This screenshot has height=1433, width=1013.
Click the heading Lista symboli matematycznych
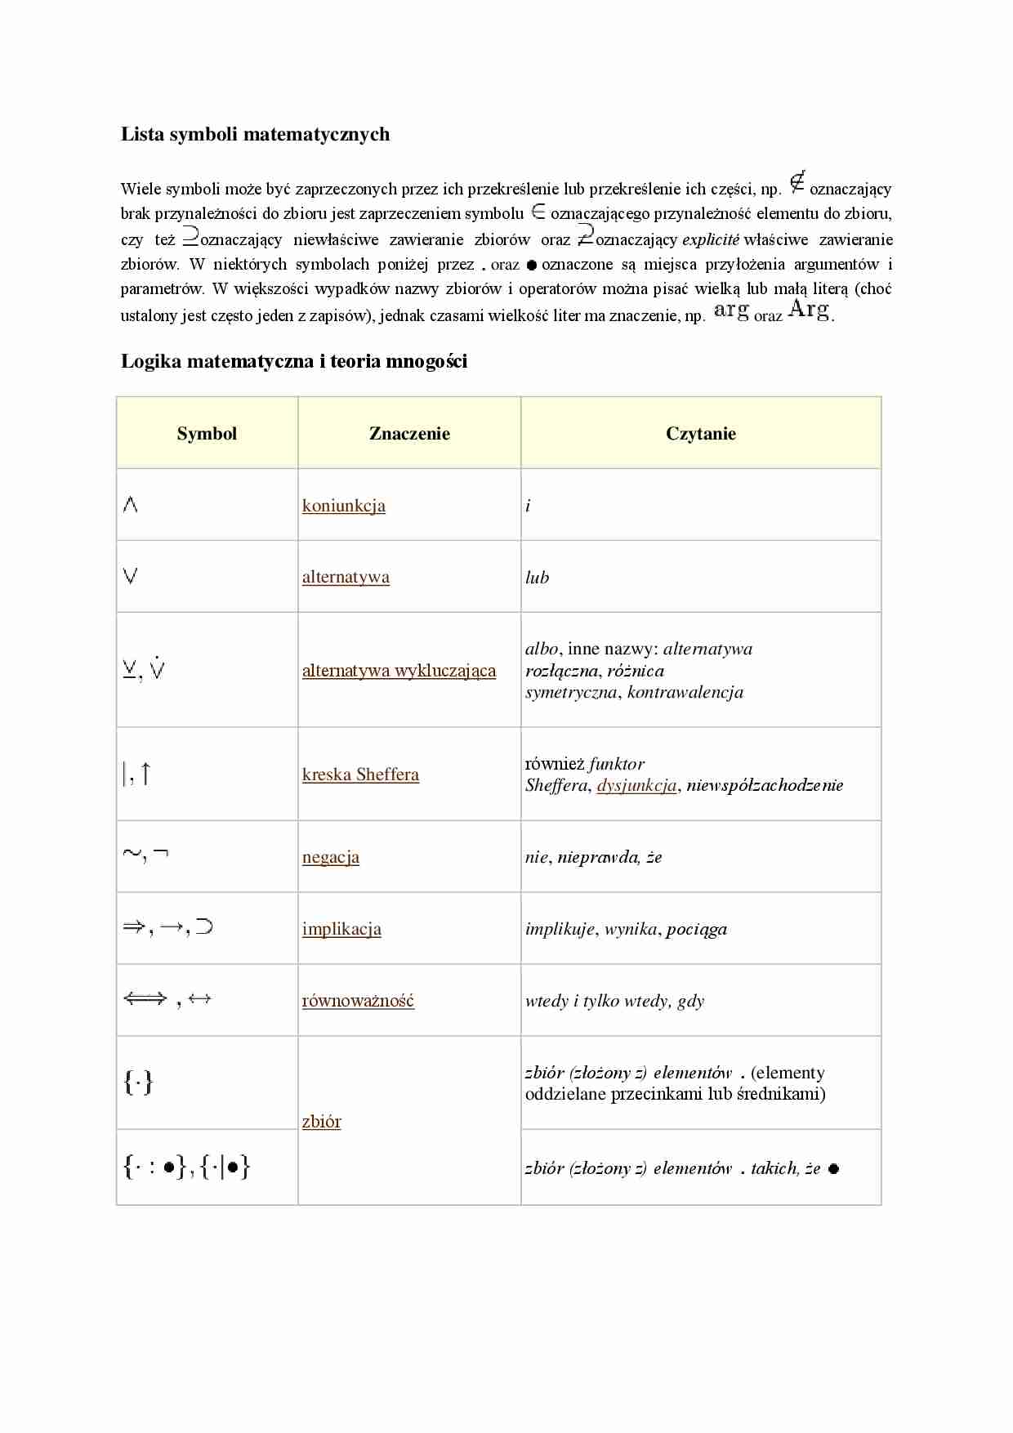pos(255,134)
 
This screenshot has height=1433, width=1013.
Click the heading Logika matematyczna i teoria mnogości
pos(294,361)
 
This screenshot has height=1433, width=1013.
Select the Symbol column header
pos(207,434)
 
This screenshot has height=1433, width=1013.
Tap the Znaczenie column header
pos(409,434)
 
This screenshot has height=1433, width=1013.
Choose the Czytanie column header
pos(700,434)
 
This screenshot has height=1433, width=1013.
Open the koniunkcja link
pos(343,506)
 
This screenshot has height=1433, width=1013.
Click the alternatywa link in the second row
pos(346,578)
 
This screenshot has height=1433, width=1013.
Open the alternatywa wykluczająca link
pos(399,671)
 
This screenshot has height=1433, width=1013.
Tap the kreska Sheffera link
pos(360,775)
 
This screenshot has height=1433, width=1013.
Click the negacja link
pos(331,857)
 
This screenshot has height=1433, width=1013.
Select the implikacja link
pos(341,929)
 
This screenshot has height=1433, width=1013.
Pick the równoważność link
pos(358,1001)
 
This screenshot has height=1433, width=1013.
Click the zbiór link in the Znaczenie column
pos(321,1122)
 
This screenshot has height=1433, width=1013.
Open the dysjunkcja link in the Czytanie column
pos(636,785)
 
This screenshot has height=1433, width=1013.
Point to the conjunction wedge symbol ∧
pos(130,505)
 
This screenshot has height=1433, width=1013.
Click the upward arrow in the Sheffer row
pos(146,773)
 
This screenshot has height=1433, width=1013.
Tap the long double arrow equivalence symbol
pos(145,998)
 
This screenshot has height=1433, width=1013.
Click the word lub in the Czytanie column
pos(537,578)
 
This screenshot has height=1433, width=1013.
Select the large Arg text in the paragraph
pos(809,310)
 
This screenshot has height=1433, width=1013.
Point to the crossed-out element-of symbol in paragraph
pos(797,182)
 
